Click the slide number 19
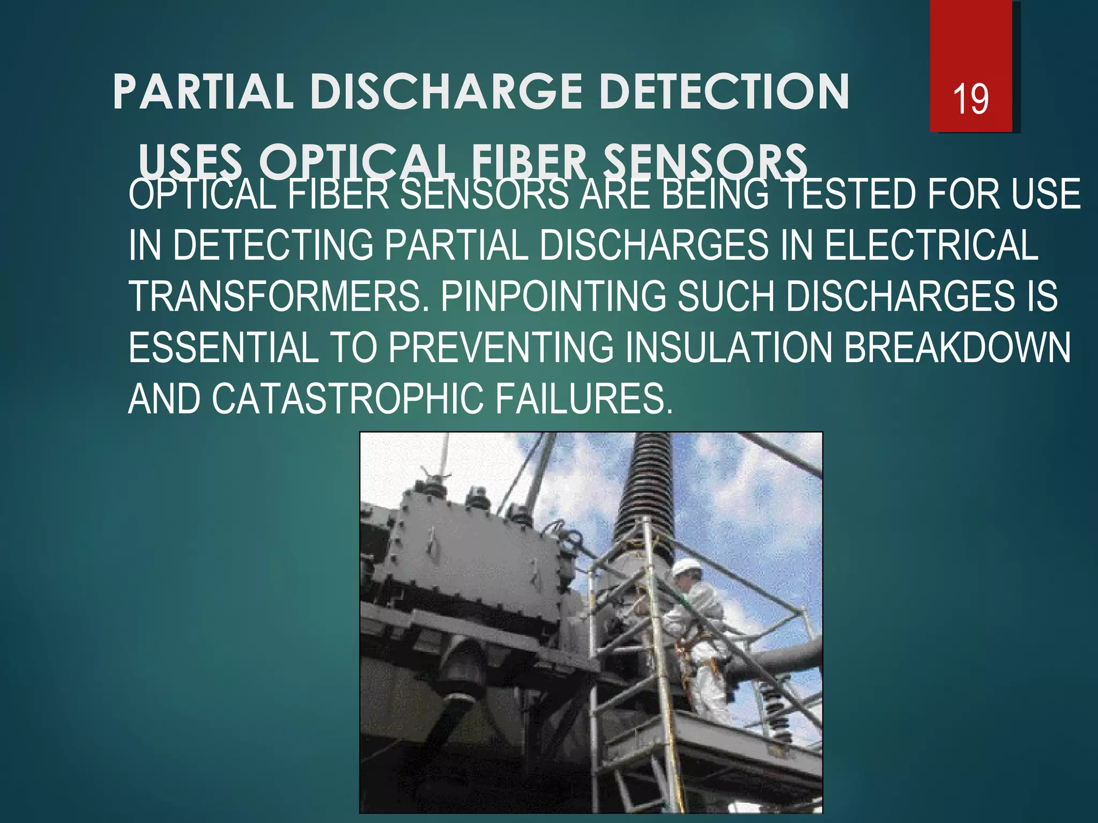tap(970, 99)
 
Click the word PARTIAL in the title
tap(203, 92)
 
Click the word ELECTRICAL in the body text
tap(931, 245)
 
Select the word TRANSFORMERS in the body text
tap(279, 297)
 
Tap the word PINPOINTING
tap(553, 297)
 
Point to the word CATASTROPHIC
tap(348, 399)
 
